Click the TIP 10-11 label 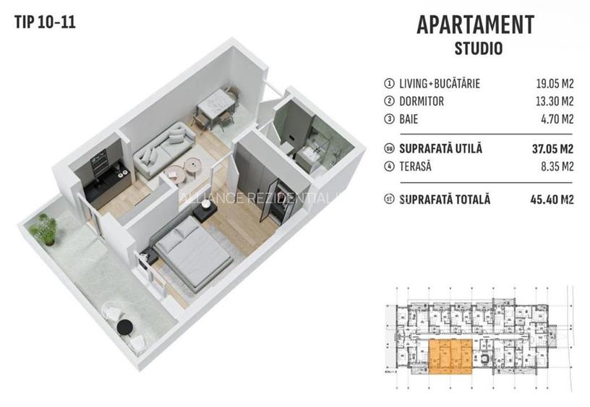(x=44, y=21)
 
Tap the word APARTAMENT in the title (x=475, y=25)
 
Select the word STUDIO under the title (x=478, y=50)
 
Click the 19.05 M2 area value (x=550, y=84)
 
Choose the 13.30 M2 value (x=550, y=101)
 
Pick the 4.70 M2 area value (x=553, y=119)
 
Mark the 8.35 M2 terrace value (x=553, y=166)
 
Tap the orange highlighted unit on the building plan (x=450, y=356)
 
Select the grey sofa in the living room (x=162, y=142)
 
